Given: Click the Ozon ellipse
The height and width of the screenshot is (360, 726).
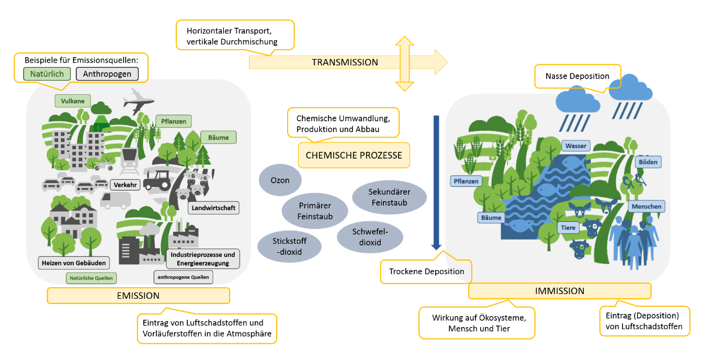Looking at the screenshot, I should [x=280, y=181].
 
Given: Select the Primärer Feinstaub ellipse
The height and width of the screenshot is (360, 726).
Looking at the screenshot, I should [x=315, y=211].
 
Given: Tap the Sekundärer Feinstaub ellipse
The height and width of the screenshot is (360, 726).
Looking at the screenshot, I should [x=389, y=197].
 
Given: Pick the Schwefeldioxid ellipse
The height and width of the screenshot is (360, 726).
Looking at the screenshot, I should [x=370, y=237].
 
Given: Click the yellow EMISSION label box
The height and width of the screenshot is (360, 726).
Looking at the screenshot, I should [x=138, y=296].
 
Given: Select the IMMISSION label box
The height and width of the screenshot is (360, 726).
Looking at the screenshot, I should [x=560, y=291].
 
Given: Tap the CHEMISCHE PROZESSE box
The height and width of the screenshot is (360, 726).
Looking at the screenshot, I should [x=354, y=155].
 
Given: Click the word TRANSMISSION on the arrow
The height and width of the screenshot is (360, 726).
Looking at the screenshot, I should [x=345, y=62].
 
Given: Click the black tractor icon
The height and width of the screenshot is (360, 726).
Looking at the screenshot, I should [x=163, y=179].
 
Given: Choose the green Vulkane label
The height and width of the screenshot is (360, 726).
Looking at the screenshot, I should [x=73, y=101].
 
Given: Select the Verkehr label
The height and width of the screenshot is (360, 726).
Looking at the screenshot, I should [x=124, y=185].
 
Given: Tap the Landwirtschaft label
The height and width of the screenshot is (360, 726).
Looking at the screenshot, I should [x=213, y=208].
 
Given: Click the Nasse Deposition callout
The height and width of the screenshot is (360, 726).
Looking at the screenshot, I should [x=577, y=76].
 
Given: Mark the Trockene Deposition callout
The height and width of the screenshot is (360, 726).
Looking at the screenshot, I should [x=426, y=272].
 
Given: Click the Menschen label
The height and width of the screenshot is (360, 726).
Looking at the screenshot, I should [x=646, y=207].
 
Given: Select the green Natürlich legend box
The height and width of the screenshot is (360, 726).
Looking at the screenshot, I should [x=47, y=74].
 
